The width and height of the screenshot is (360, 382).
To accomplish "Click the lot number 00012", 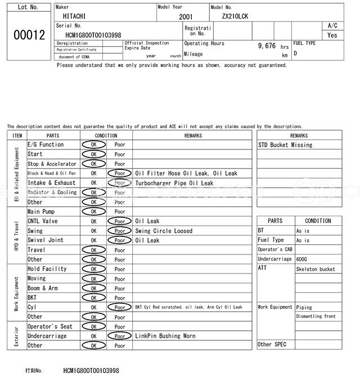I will pos(29,35).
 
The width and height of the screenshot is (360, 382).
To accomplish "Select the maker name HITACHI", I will pos(74,16).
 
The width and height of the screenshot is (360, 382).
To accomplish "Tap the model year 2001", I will pos(186,17).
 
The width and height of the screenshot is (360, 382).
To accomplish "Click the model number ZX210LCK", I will pos(235,16).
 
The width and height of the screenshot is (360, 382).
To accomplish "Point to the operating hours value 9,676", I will pos(267,46).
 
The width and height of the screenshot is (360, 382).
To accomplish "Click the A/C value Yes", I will pos(332,35).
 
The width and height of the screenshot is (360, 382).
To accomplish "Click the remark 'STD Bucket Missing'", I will pos(285,145).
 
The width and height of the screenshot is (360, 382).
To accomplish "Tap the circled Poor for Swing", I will pos(120,231).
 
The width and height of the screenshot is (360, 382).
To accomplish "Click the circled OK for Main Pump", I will pos(93,212).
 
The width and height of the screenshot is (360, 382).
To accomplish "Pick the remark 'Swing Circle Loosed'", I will pos(164,231).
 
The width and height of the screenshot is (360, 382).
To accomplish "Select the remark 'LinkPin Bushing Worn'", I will pos(165,336).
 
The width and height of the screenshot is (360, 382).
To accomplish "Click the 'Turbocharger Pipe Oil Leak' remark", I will pos(174,183).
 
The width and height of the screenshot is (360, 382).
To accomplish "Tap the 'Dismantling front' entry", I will pos(316,316).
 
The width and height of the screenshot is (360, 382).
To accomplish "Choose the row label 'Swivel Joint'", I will pos(46,240).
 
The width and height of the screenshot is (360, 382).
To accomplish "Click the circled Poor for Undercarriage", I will pos(120,336).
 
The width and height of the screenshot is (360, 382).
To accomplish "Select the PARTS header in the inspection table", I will pos(53,135).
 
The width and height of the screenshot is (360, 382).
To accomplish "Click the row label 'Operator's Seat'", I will pos(50,326).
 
